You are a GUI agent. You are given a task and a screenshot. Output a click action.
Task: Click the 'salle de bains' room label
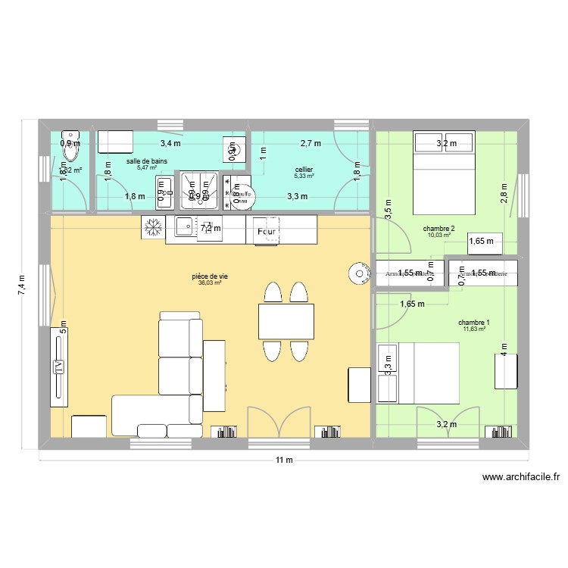click(x=148, y=161)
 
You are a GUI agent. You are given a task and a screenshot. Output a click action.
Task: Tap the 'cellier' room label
click(x=304, y=170)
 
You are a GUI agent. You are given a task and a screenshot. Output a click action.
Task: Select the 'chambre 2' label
click(x=439, y=228)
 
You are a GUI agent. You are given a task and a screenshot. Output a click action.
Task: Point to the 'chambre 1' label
click(x=473, y=321)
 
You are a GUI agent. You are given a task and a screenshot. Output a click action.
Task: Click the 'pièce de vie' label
click(x=210, y=276)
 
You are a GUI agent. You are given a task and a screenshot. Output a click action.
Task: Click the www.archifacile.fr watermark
click(x=520, y=478)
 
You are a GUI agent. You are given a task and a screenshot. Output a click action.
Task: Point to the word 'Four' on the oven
click(x=266, y=231)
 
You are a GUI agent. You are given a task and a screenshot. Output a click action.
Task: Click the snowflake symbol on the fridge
click(x=154, y=226)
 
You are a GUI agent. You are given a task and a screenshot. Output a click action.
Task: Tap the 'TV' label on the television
click(x=58, y=366)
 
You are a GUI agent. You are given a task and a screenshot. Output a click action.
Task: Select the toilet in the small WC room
click(x=71, y=147)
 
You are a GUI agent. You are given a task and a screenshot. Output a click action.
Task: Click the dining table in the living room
click(x=286, y=320)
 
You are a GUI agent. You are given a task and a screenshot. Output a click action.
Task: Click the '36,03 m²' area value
click(x=210, y=283)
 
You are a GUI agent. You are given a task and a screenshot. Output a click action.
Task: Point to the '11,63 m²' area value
click(x=473, y=328)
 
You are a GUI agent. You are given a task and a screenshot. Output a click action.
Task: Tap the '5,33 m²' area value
click(x=304, y=176)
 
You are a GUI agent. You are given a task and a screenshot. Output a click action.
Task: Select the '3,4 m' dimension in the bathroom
click(x=170, y=142)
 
